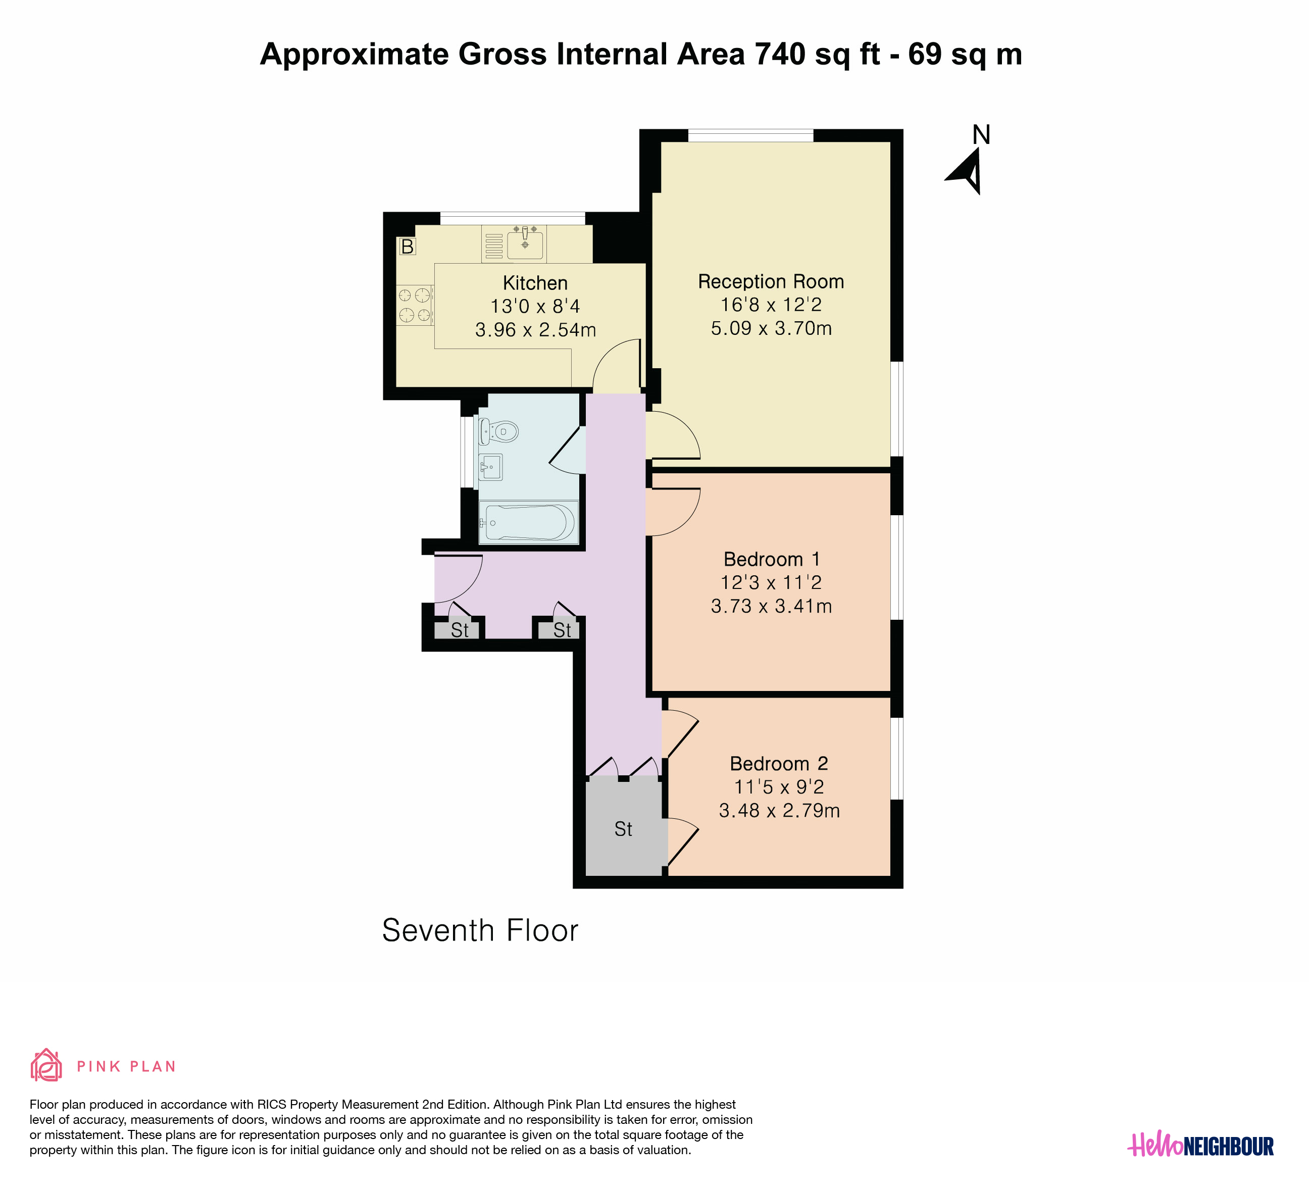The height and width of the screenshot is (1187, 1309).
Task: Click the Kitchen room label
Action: coord(535,283)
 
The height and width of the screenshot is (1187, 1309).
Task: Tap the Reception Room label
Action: coord(771,281)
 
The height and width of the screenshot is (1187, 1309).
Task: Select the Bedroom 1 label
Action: coord(771,559)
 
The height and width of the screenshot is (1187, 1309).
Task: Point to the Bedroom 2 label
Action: coord(779,763)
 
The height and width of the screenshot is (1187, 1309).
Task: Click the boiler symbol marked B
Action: coord(407,247)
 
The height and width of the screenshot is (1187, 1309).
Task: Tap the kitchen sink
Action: coord(525,243)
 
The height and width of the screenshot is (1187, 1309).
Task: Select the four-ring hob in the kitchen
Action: coord(414,305)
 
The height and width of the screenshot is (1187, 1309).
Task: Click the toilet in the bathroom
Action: coord(498,431)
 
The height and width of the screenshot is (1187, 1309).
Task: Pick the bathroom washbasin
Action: coord(490,467)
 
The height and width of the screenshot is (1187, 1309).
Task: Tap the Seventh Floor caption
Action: coord(480,930)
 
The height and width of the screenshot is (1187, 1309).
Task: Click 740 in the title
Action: coord(780,54)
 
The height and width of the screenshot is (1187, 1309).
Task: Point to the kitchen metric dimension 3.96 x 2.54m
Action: coord(535,330)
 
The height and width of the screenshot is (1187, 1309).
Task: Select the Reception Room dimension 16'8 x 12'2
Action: coord(771,305)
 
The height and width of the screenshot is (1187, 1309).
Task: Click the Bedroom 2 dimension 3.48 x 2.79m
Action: coord(779,810)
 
